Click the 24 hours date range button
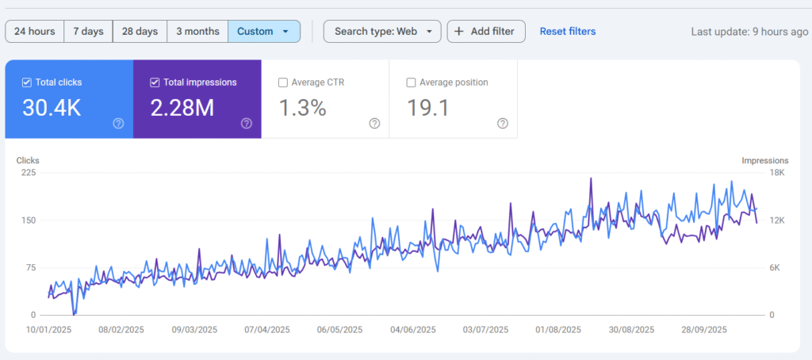[35, 32]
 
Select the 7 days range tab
[88, 32]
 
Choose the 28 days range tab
[140, 32]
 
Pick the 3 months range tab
[197, 32]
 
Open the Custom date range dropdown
[264, 32]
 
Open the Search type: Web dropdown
[382, 32]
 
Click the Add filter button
[486, 32]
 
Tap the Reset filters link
[567, 32]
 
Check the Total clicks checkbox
[27, 82]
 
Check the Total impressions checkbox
[155, 82]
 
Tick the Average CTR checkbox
[283, 82]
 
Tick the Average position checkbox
[411, 82]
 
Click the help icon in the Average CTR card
[374, 123]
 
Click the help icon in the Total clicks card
[118, 123]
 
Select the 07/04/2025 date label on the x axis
[264, 330]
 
